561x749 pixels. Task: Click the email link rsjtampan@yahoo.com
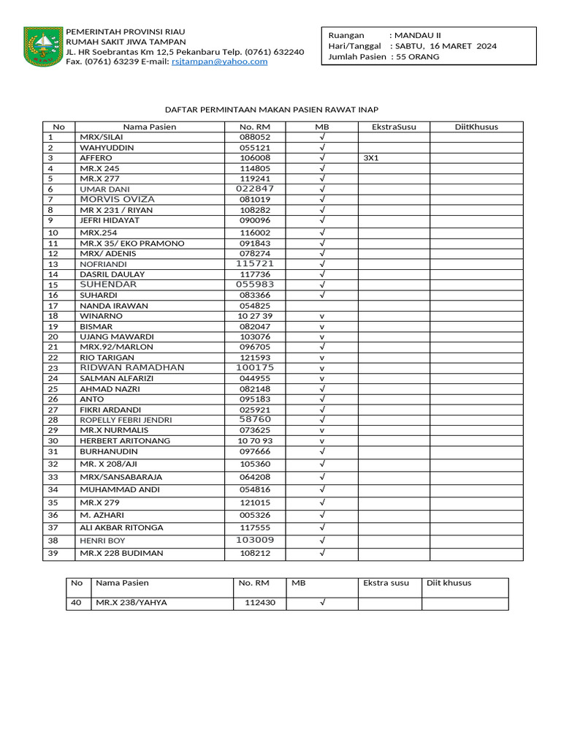[219, 61]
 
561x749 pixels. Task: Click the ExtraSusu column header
[394, 127]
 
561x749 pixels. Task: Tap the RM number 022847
[255, 189]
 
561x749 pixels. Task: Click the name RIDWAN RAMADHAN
[132, 367]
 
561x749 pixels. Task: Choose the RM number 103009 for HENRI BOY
[255, 540]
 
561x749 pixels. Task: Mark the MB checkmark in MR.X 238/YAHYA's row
[321, 603]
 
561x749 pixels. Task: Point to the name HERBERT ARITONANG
[125, 440]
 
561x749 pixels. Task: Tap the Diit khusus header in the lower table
[449, 583]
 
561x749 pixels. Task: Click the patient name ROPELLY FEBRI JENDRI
[126, 420]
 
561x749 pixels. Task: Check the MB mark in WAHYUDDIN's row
[321, 147]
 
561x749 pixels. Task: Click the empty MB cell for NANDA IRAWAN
[321, 305]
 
